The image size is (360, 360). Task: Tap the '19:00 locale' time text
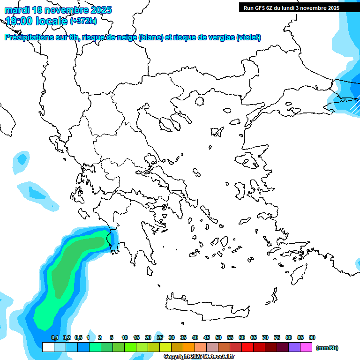click(x=36, y=21)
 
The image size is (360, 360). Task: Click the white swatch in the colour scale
click(x=48, y=347)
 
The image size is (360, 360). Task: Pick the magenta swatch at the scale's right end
click(x=306, y=347)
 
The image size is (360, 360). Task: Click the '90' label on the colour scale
click(x=312, y=337)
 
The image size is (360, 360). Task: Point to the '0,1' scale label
click(x=54, y=337)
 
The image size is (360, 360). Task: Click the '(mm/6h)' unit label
click(x=327, y=348)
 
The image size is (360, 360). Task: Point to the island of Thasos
click(x=199, y=101)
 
